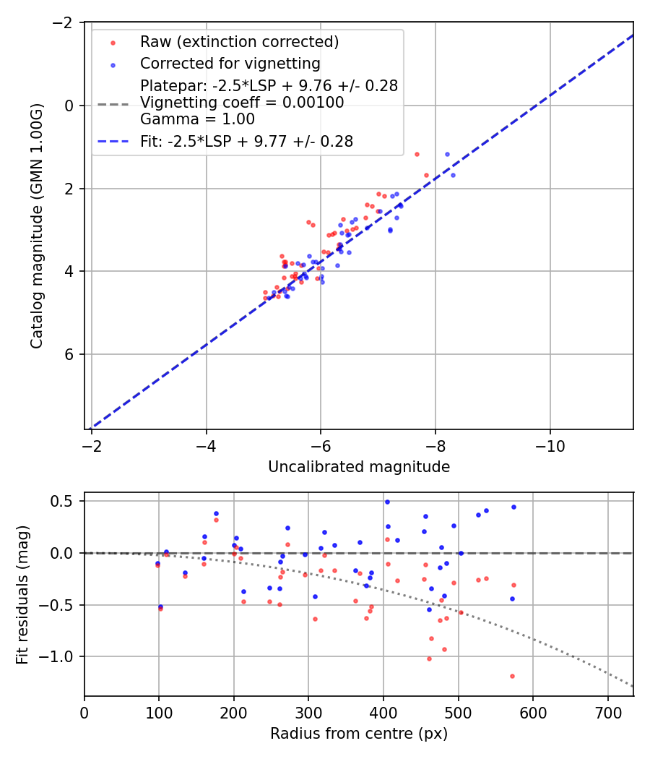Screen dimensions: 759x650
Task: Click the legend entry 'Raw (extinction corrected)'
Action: (x=239, y=42)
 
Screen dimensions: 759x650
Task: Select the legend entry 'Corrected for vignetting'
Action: (x=230, y=64)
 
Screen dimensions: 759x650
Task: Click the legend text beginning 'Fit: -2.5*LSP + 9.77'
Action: (x=246, y=142)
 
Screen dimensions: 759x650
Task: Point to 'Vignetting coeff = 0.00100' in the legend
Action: (x=242, y=103)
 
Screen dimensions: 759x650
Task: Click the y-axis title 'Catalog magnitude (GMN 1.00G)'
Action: (x=37, y=226)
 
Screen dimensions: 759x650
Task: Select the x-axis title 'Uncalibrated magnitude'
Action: (x=359, y=467)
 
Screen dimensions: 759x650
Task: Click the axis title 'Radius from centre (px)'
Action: (x=359, y=734)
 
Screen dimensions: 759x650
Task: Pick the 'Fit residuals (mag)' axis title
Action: (x=22, y=593)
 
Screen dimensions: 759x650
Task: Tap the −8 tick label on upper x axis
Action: (x=435, y=442)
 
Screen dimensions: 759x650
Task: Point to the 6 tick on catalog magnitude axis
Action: (x=71, y=354)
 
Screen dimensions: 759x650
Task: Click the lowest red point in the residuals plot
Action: (x=512, y=676)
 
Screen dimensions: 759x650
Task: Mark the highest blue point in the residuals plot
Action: (x=387, y=502)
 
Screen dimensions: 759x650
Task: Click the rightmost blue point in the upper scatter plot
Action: (x=453, y=175)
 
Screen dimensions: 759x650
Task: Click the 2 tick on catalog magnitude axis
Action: (x=71, y=189)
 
